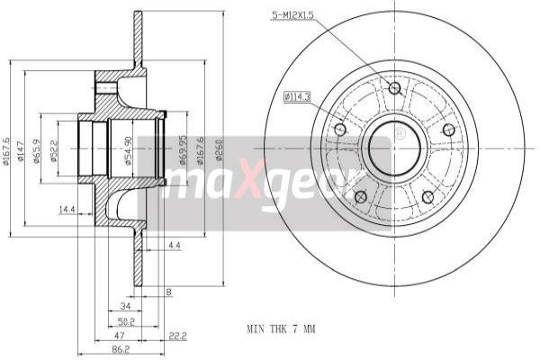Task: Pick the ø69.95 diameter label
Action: [x=183, y=151]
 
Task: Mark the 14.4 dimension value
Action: [x=66, y=210]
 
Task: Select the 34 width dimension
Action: [x=125, y=305]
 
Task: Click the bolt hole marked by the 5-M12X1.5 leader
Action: [x=394, y=87]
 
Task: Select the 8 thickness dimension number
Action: [x=168, y=292]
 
